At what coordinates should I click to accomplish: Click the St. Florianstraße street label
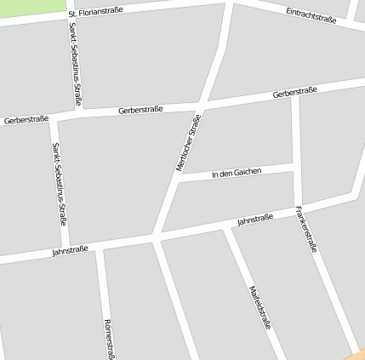95,12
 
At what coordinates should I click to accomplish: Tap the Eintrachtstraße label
311,15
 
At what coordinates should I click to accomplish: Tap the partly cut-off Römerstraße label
108,340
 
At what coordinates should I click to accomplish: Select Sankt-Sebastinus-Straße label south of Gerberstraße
60,184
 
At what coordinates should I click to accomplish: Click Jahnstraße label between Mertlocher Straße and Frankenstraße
255,220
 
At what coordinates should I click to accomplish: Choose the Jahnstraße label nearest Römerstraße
70,251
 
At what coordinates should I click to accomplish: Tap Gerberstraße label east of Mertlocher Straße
294,92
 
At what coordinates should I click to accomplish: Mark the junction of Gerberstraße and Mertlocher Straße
201,106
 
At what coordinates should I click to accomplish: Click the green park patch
32,8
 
